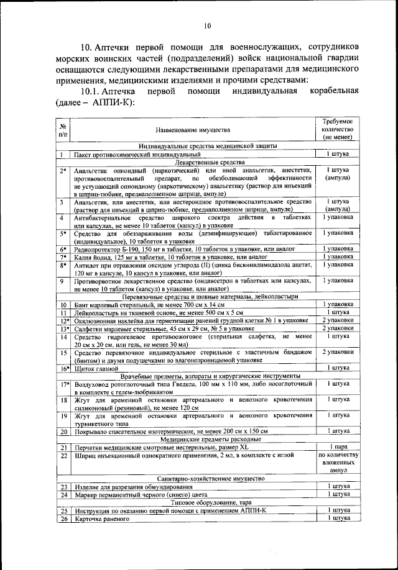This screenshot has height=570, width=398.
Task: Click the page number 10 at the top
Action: tap(207, 25)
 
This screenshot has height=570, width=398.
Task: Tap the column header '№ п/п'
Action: tap(63, 130)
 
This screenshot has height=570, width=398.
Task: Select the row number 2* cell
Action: tap(63, 170)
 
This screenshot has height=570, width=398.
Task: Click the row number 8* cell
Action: tap(63, 265)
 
